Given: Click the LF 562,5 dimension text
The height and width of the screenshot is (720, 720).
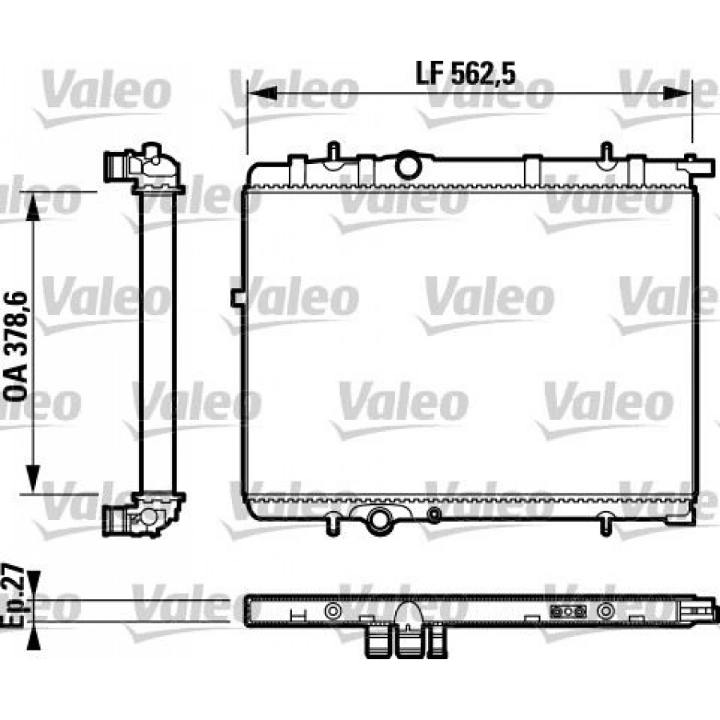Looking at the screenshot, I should (x=467, y=74).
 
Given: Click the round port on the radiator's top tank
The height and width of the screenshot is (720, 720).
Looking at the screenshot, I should (x=409, y=165).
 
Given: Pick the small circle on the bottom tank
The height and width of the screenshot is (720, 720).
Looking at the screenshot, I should (x=434, y=514).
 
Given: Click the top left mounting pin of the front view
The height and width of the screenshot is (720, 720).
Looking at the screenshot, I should (x=331, y=152).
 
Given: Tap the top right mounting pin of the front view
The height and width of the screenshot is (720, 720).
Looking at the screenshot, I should (x=606, y=152).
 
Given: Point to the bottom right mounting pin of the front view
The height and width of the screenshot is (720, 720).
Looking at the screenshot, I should (x=606, y=524).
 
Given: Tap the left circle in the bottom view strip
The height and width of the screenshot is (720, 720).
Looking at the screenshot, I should (x=330, y=612).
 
